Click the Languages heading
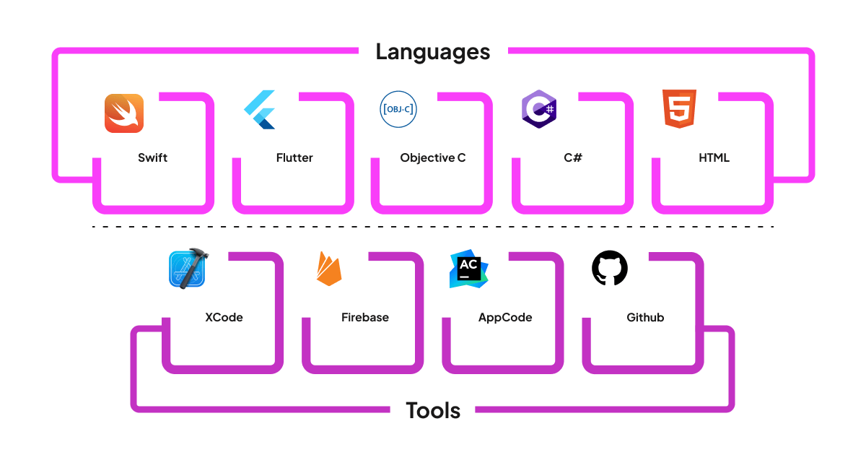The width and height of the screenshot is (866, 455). click(x=432, y=52)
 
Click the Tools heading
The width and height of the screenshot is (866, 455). click(x=433, y=410)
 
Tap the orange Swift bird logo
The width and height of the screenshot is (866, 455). click(x=124, y=113)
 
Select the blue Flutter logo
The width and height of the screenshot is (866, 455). click(x=260, y=110)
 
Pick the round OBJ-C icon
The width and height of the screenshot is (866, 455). click(x=398, y=110)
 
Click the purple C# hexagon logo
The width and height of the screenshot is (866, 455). click(x=538, y=110)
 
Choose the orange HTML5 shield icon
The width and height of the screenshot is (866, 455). click(x=679, y=109)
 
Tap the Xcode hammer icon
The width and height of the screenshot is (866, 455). click(x=188, y=269)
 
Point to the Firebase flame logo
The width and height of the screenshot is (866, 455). click(x=329, y=269)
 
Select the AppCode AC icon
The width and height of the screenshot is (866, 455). click(x=468, y=270)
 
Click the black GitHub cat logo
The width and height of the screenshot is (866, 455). click(x=610, y=269)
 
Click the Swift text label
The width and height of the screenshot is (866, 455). click(x=152, y=157)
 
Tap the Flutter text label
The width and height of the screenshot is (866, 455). click(x=294, y=157)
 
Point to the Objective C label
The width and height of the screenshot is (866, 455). click(x=433, y=157)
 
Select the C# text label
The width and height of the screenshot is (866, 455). click(x=573, y=157)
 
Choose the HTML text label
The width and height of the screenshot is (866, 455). click(x=714, y=157)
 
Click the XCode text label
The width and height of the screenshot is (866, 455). click(x=224, y=317)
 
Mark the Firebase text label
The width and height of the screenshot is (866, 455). click(x=364, y=317)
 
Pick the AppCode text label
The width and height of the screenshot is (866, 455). click(x=505, y=317)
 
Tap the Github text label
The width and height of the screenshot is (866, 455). click(x=645, y=317)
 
